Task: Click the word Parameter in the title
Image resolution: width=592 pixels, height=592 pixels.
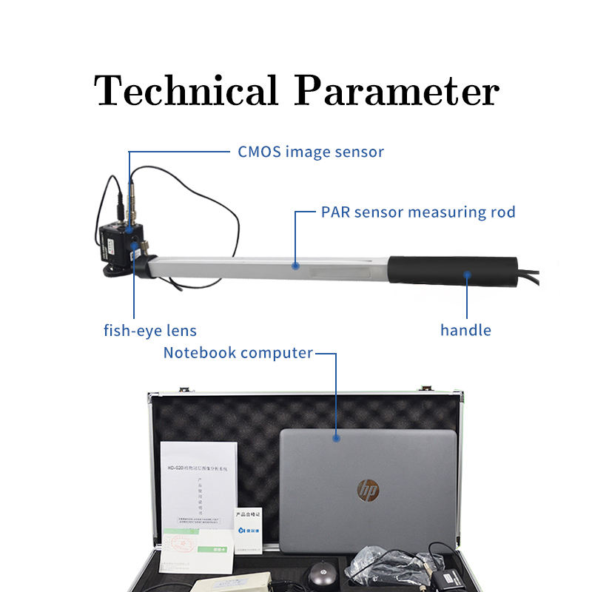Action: [397, 92]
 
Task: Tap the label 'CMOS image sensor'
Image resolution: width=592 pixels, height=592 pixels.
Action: [310, 152]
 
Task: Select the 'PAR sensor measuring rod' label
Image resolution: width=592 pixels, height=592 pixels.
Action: [418, 212]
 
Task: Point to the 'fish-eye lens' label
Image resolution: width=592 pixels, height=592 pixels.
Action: [149, 330]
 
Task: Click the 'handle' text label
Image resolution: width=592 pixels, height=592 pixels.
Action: [465, 330]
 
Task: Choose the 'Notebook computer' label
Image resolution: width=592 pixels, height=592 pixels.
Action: [238, 353]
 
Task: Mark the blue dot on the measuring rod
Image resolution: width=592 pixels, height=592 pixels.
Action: [295, 264]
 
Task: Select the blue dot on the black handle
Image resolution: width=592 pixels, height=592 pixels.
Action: [467, 275]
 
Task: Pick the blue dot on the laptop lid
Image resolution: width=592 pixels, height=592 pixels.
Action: [337, 437]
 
